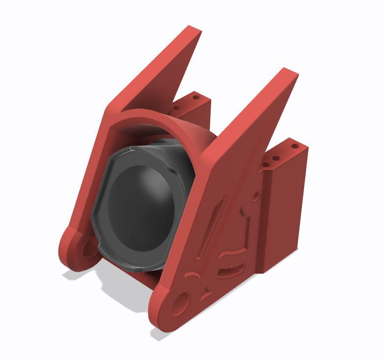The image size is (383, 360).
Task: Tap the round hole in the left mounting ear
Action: [87, 249]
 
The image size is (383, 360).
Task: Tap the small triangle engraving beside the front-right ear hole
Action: [203, 295]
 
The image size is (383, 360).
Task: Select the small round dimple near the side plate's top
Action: [254, 197]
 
